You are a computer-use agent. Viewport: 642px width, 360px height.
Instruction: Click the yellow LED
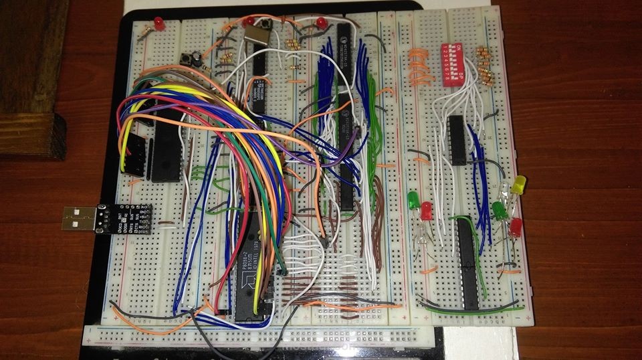point(519,184)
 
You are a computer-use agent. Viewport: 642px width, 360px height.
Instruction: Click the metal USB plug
point(78,218)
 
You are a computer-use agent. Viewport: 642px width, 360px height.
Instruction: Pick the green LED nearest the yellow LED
point(499,209)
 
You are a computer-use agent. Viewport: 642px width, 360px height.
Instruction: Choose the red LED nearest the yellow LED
point(515,228)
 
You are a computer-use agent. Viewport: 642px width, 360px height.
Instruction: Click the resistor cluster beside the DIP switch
point(485,67)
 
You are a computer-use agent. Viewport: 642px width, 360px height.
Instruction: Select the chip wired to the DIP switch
point(457,140)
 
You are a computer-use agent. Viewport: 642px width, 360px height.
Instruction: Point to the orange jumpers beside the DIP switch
point(417,67)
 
